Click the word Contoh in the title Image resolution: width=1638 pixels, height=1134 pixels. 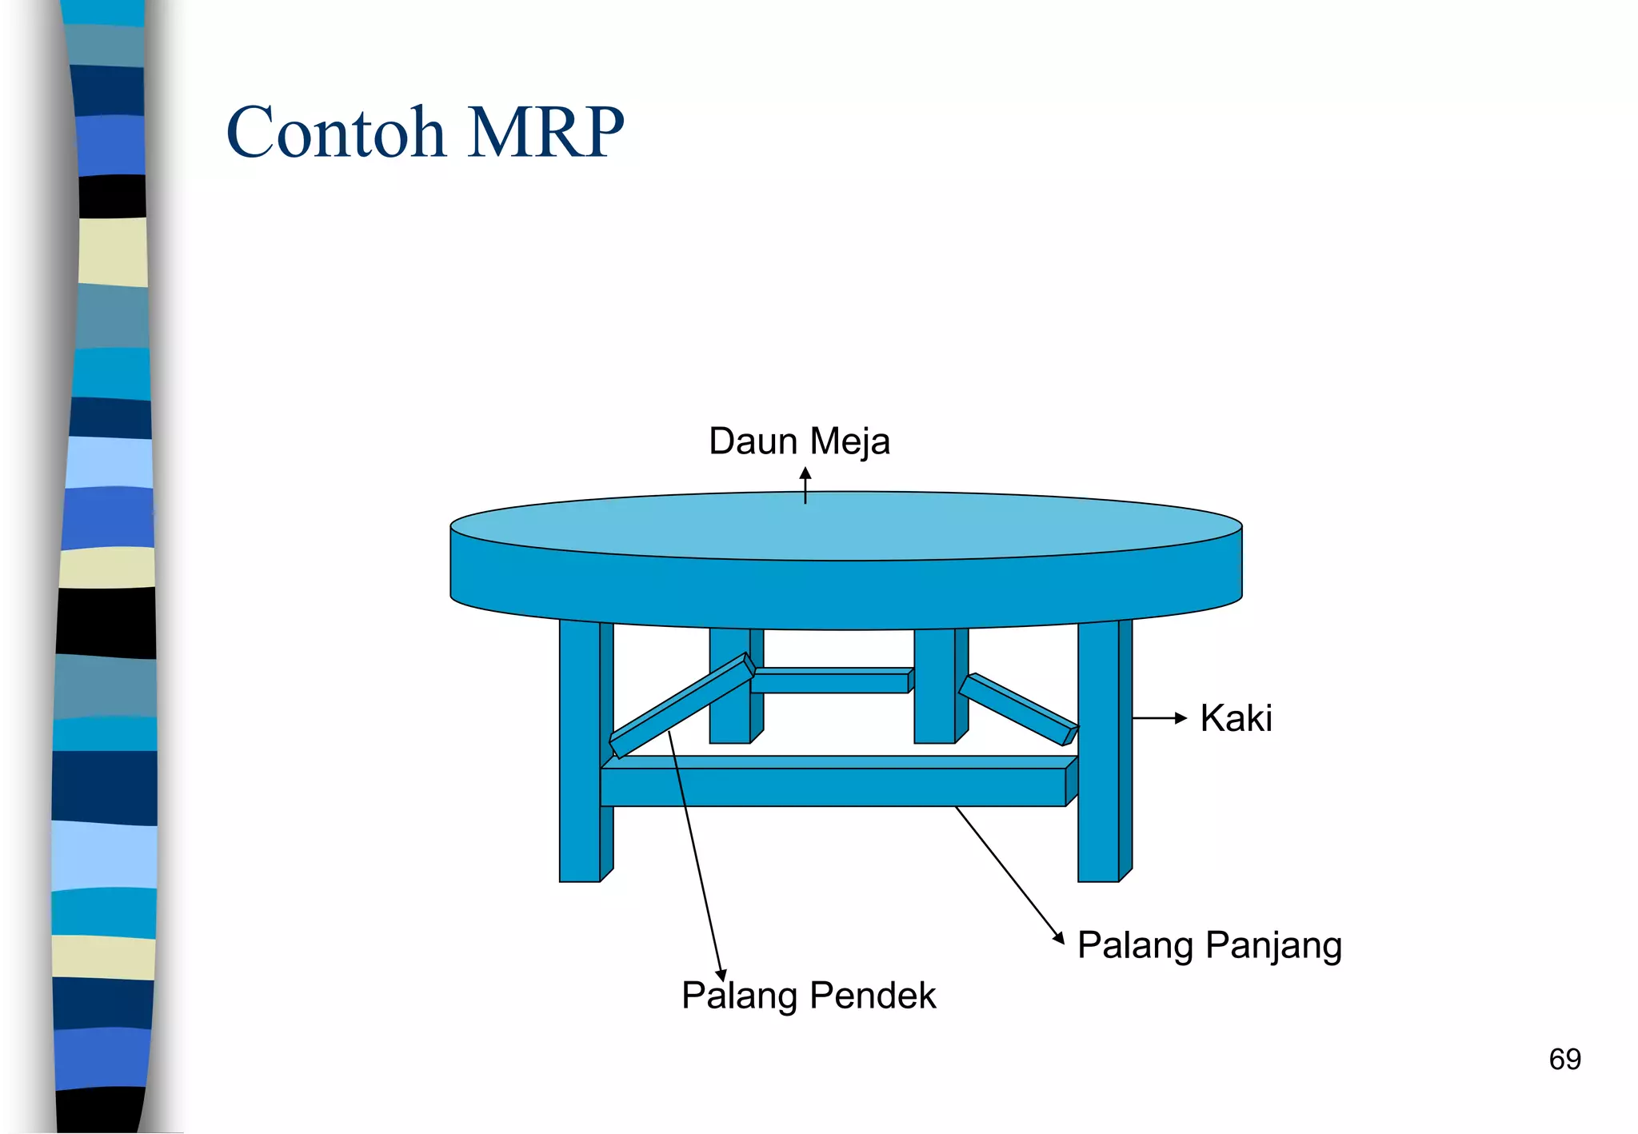click(x=336, y=132)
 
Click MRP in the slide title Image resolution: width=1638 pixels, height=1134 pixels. click(x=545, y=132)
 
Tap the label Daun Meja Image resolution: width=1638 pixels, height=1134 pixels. click(x=799, y=441)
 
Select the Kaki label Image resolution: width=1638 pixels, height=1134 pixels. click(x=1236, y=718)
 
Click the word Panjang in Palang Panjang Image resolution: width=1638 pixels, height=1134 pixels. click(x=1273, y=945)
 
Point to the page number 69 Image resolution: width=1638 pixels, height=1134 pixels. click(x=1564, y=1059)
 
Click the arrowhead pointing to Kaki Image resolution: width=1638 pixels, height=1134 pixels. click(x=1181, y=718)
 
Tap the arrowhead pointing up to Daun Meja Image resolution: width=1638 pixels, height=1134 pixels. click(x=805, y=473)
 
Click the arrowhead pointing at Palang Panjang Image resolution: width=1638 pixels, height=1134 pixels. click(x=1058, y=938)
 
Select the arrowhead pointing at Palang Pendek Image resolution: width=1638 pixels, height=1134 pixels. click(x=721, y=975)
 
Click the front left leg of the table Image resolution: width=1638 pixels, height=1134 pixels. click(x=580, y=752)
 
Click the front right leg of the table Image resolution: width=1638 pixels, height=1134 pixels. click(x=1098, y=752)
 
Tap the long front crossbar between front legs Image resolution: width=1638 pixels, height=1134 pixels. click(x=832, y=787)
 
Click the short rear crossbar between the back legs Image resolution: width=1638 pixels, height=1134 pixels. click(x=830, y=682)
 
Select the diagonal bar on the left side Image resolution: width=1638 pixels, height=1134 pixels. click(x=680, y=706)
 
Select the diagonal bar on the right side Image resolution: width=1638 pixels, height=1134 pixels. click(x=1017, y=709)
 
